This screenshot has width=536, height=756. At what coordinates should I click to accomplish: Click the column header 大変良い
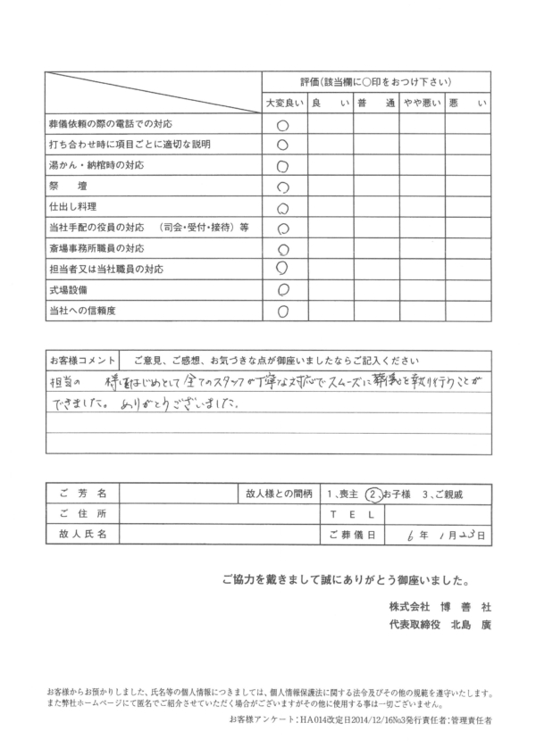point(284,103)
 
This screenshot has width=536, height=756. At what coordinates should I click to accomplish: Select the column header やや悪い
point(421,103)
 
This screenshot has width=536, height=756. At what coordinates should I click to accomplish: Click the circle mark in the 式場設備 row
point(283,289)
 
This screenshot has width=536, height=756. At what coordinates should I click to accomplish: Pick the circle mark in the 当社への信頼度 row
point(283,311)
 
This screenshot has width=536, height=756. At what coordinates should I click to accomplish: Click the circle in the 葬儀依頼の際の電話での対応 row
point(283,125)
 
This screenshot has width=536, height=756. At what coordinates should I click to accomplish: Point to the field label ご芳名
point(81,493)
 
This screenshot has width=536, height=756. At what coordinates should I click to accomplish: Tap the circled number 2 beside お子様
point(375,493)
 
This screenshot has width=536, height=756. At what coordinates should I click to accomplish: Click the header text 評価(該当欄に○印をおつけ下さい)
point(376,80)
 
